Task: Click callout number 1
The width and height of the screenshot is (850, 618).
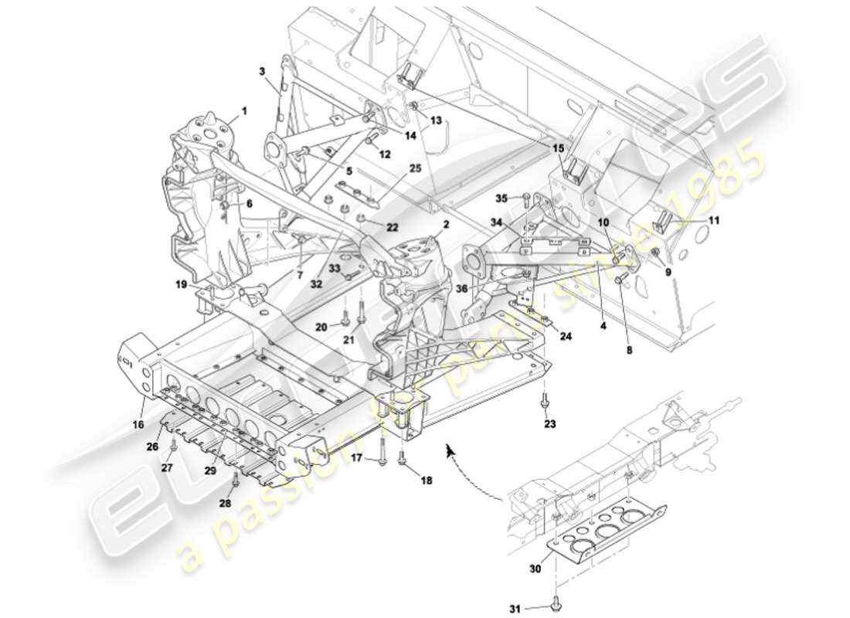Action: (244, 110)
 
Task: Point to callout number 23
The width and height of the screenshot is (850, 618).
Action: (549, 423)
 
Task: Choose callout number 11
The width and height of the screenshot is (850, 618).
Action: (714, 221)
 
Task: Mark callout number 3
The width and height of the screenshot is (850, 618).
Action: (262, 71)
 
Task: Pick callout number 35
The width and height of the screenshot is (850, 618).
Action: (501, 199)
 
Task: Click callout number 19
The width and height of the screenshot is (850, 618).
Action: (181, 284)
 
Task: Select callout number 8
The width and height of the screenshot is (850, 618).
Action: (629, 349)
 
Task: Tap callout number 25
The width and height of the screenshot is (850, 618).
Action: (415, 168)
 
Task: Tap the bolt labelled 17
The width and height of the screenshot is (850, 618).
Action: (382, 459)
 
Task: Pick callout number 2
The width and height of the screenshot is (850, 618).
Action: (446, 225)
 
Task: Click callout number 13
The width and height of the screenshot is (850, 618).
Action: (436, 121)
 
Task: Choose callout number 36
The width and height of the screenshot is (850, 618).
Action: (462, 290)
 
